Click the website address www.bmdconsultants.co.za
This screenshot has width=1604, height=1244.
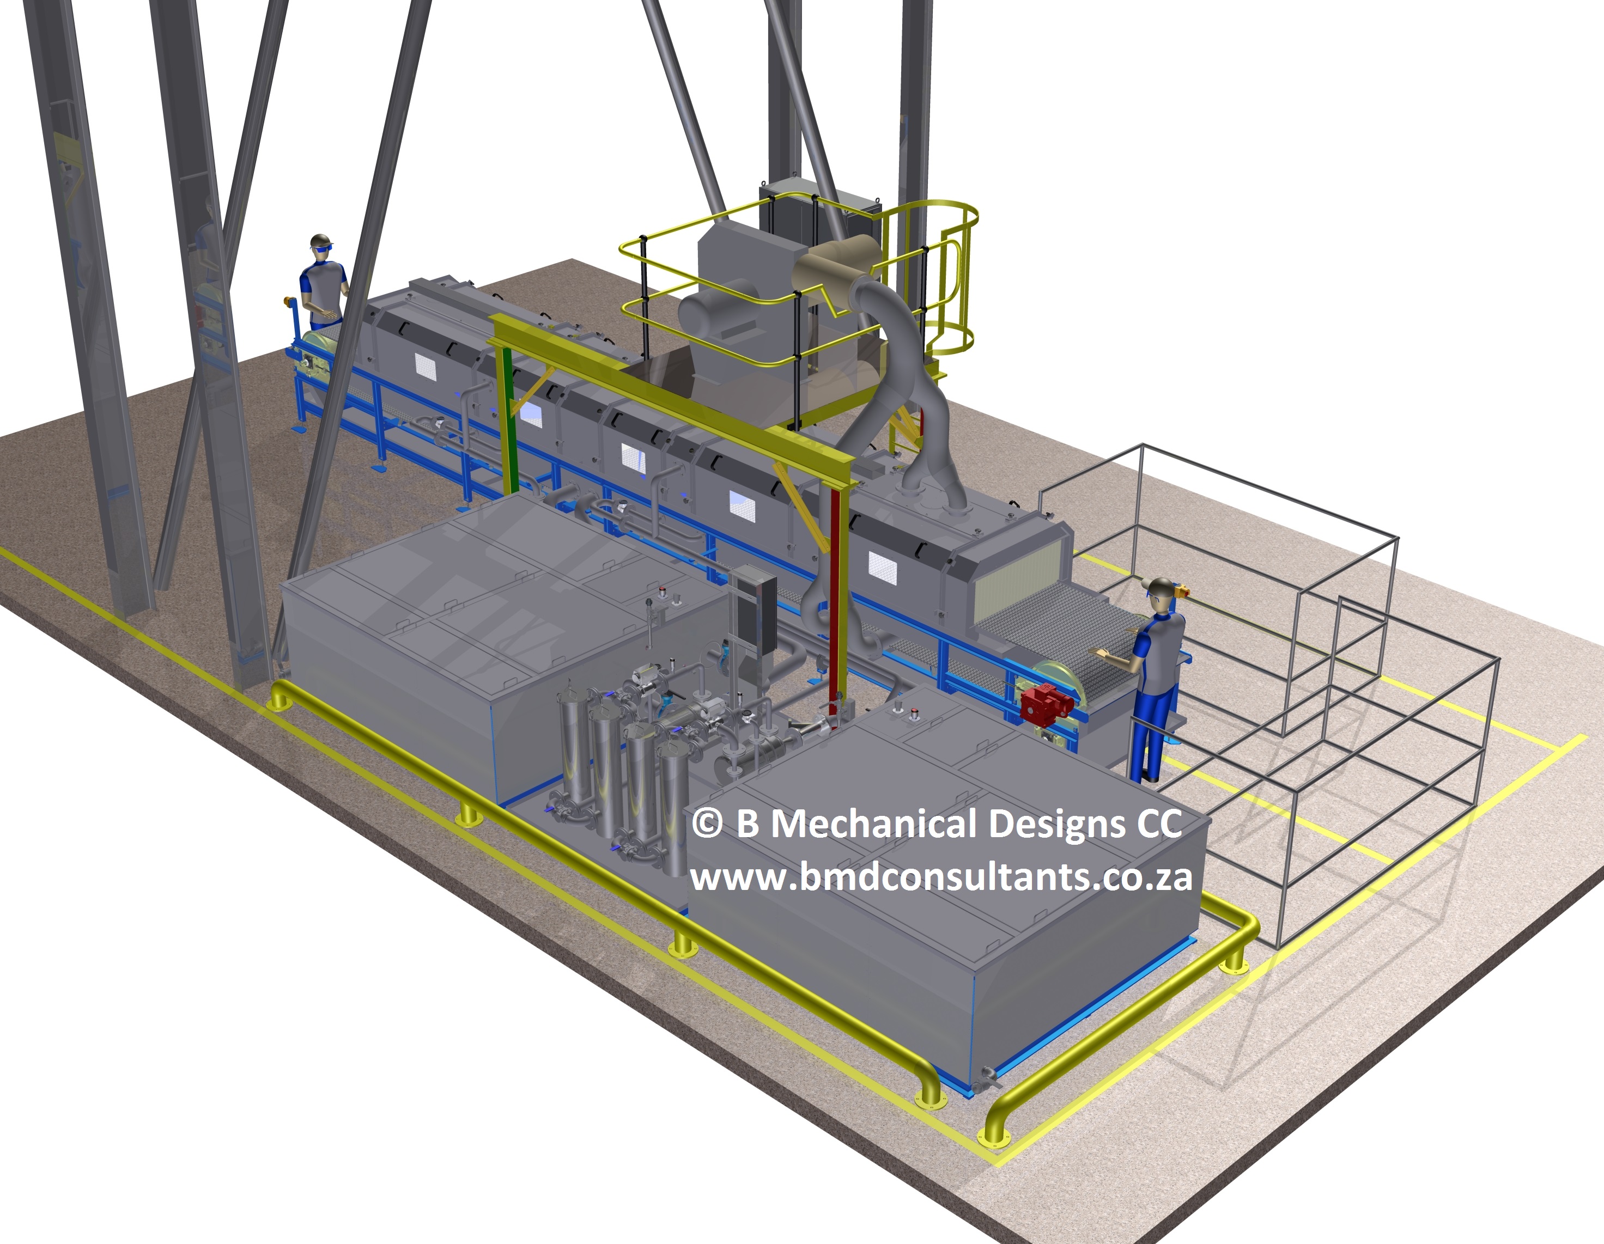point(941,877)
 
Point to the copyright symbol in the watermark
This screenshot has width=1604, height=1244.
point(707,824)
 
